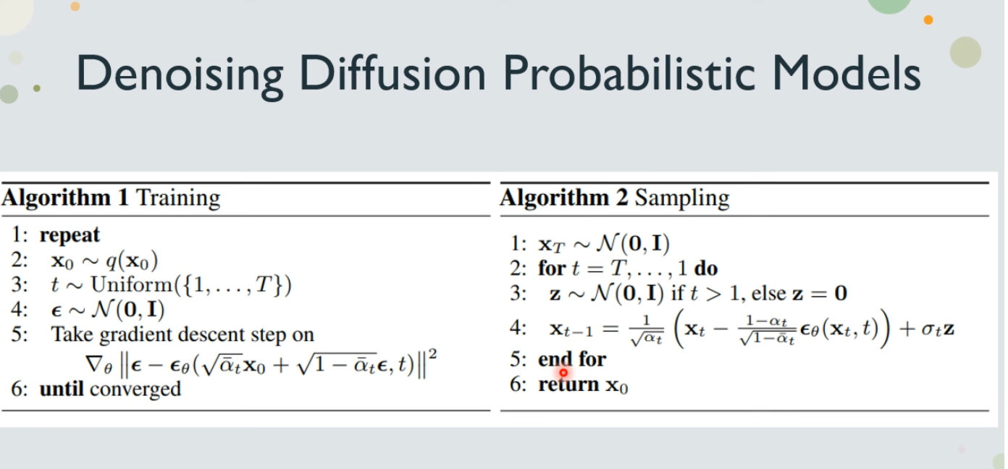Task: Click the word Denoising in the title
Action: (180, 75)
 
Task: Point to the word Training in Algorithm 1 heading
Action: (178, 198)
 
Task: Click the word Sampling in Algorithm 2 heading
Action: (682, 198)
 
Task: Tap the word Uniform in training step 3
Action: (131, 284)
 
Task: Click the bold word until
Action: (62, 389)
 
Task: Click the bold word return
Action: (568, 384)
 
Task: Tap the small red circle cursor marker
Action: (563, 372)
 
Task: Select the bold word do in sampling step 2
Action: (706, 269)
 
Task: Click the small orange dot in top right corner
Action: (928, 20)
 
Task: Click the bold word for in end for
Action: (592, 359)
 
